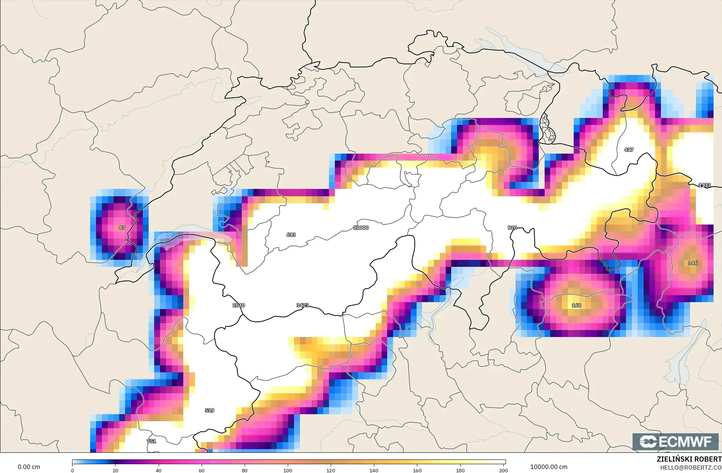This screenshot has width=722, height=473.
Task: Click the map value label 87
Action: coord(122,228)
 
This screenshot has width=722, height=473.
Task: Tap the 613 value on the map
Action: coord(291,235)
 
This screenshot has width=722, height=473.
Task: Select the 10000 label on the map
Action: coord(361,228)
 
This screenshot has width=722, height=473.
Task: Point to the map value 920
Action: coord(512,228)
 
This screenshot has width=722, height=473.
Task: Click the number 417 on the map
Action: coord(629,150)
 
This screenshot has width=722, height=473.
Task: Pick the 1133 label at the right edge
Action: coord(704,185)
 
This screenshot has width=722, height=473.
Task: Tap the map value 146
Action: coord(693,263)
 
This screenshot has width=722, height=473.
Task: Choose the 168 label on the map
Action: coord(576,305)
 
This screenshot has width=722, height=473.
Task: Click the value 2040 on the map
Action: coord(238,305)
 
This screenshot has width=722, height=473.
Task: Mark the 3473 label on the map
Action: coord(302,305)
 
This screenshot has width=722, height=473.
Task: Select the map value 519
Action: coord(209,411)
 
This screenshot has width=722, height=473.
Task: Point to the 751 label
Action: coord(151,441)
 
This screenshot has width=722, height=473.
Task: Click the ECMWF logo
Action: coord(675,442)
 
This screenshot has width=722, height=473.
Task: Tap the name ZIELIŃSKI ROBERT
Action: coord(689,459)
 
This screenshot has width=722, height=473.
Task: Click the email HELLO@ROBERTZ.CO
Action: coord(690,468)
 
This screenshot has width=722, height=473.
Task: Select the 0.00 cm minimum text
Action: coord(29,467)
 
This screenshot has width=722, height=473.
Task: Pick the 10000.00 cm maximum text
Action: coord(549,467)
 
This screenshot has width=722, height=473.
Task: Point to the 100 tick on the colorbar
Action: coord(288,470)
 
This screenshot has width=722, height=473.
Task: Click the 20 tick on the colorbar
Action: coord(116,470)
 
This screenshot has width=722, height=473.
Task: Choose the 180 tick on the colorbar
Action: coord(460,470)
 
